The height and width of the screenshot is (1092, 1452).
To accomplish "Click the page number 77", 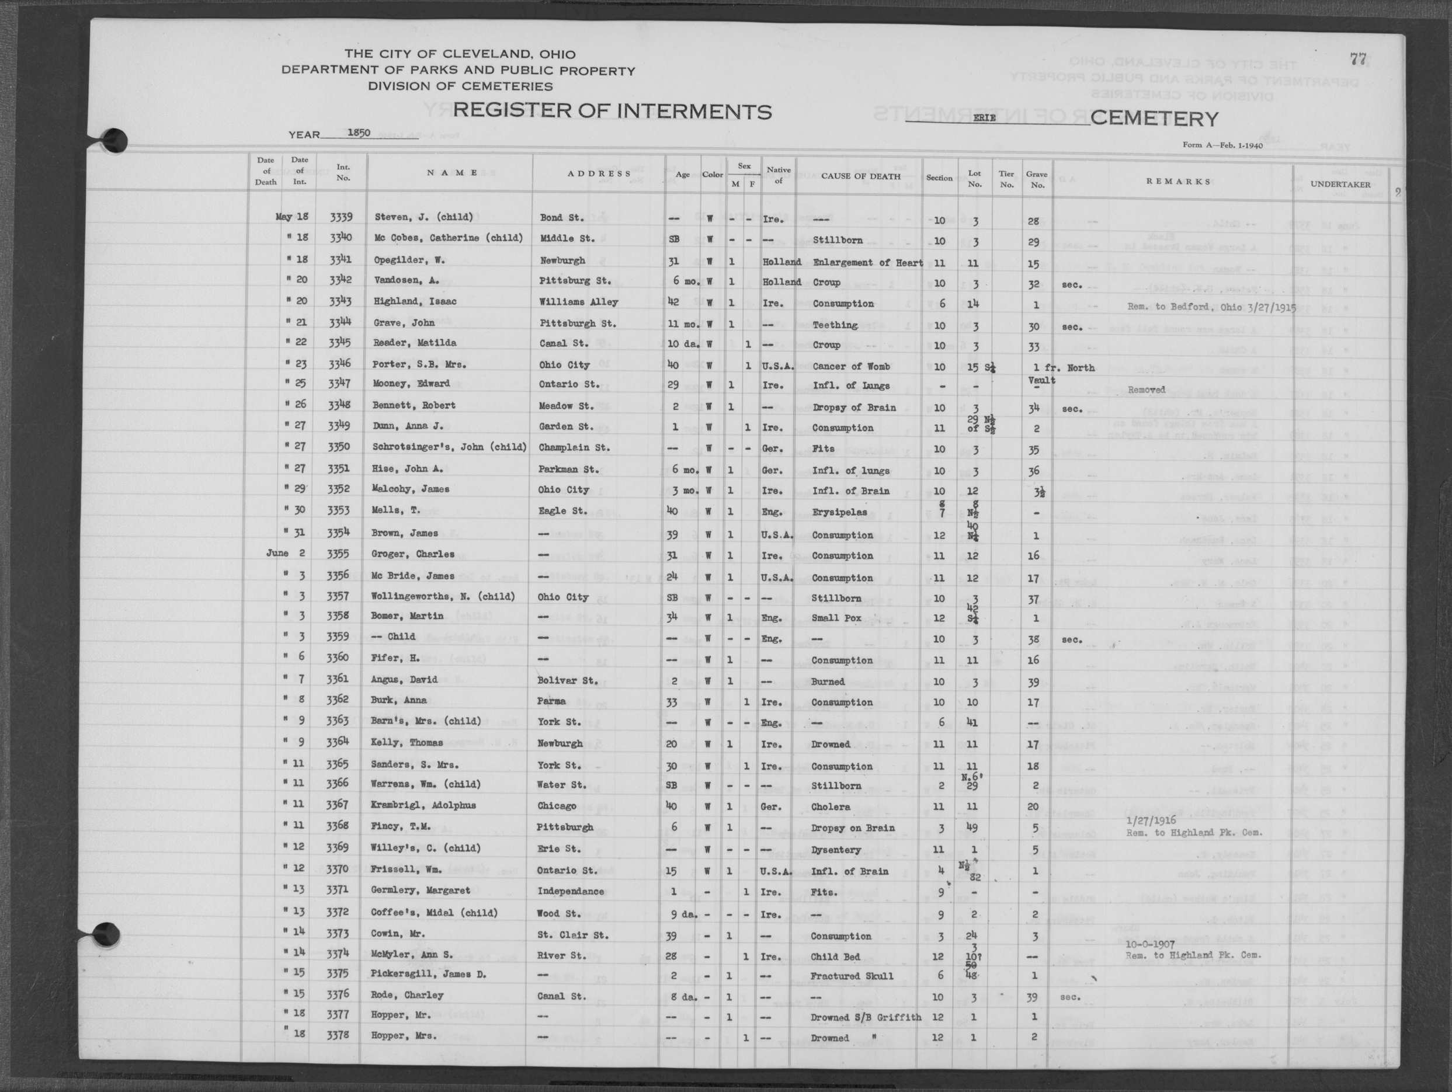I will [x=1358, y=59].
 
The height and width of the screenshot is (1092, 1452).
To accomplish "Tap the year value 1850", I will [x=359, y=133].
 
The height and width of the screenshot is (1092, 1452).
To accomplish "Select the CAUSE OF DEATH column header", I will [x=860, y=176].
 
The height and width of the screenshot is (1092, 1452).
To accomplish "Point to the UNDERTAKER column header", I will [x=1340, y=185].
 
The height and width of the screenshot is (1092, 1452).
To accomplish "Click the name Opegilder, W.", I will [x=409, y=260].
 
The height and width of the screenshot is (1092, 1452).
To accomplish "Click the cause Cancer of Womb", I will [x=851, y=366].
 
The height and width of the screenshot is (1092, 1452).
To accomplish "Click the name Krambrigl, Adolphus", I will [x=423, y=805].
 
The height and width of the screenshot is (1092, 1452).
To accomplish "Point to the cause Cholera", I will [x=831, y=807].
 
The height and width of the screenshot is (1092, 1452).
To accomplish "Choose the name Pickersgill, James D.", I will [x=429, y=974].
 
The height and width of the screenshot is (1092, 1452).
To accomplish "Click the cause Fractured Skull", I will [x=852, y=976].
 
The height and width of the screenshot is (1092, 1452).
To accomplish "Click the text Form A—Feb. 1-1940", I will [x=1222, y=145].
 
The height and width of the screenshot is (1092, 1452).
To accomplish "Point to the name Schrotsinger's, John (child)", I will [x=450, y=447].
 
